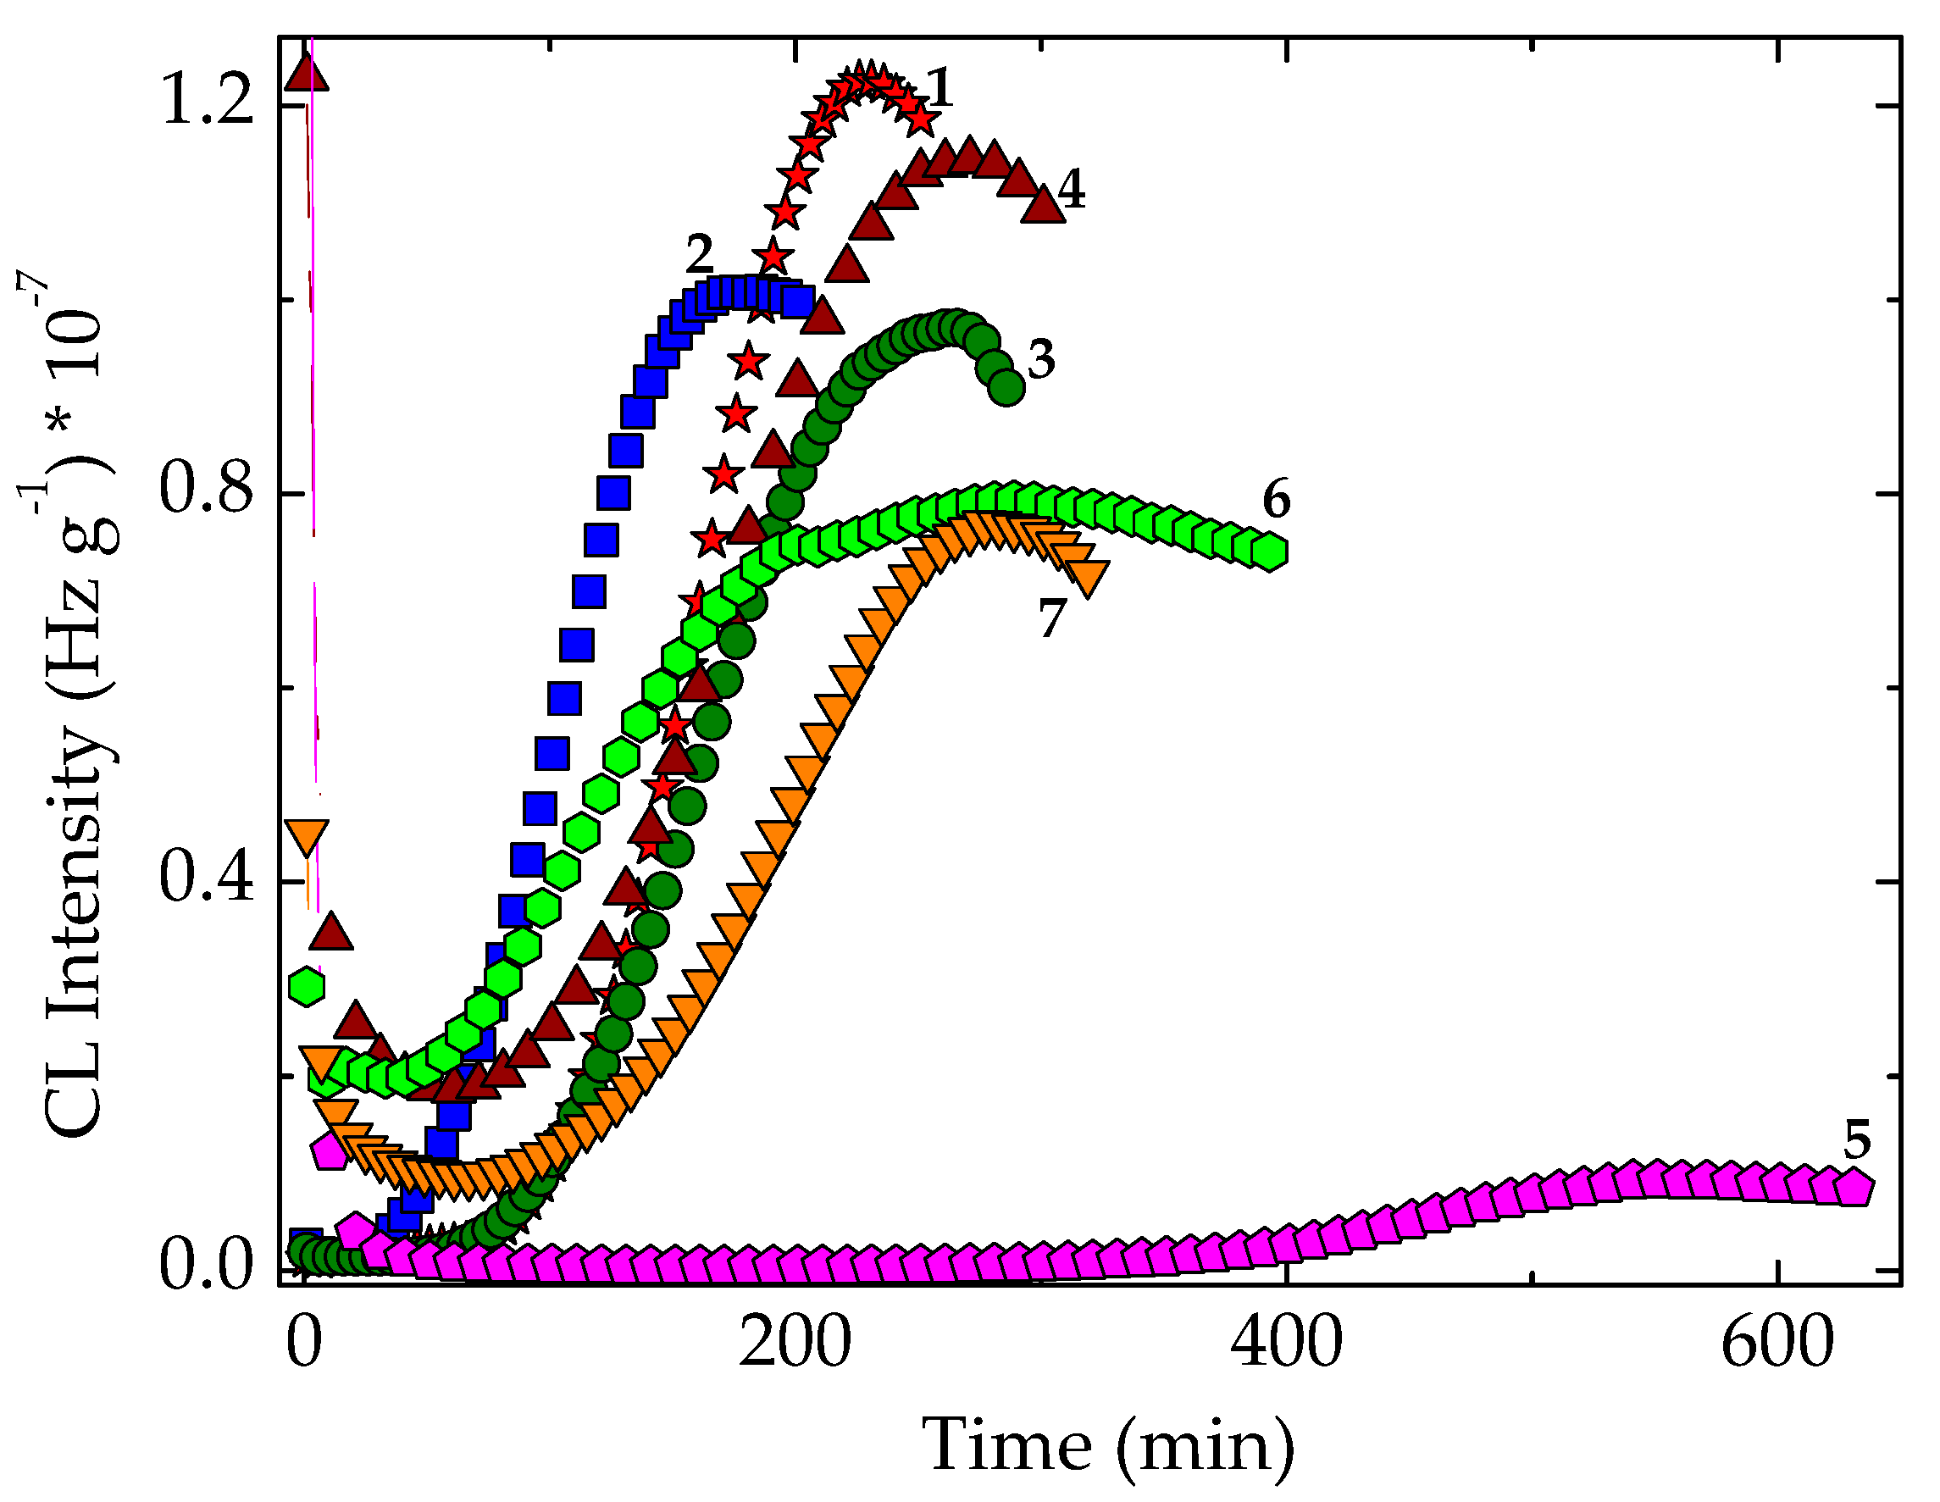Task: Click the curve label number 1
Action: coord(939,89)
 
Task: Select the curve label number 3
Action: coord(1041,360)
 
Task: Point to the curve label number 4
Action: coord(1073,190)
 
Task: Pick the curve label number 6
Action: coord(1277,499)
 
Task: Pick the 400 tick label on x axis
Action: coord(1286,1343)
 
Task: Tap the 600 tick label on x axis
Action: coord(1777,1343)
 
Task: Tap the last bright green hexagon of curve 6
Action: coord(1270,551)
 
